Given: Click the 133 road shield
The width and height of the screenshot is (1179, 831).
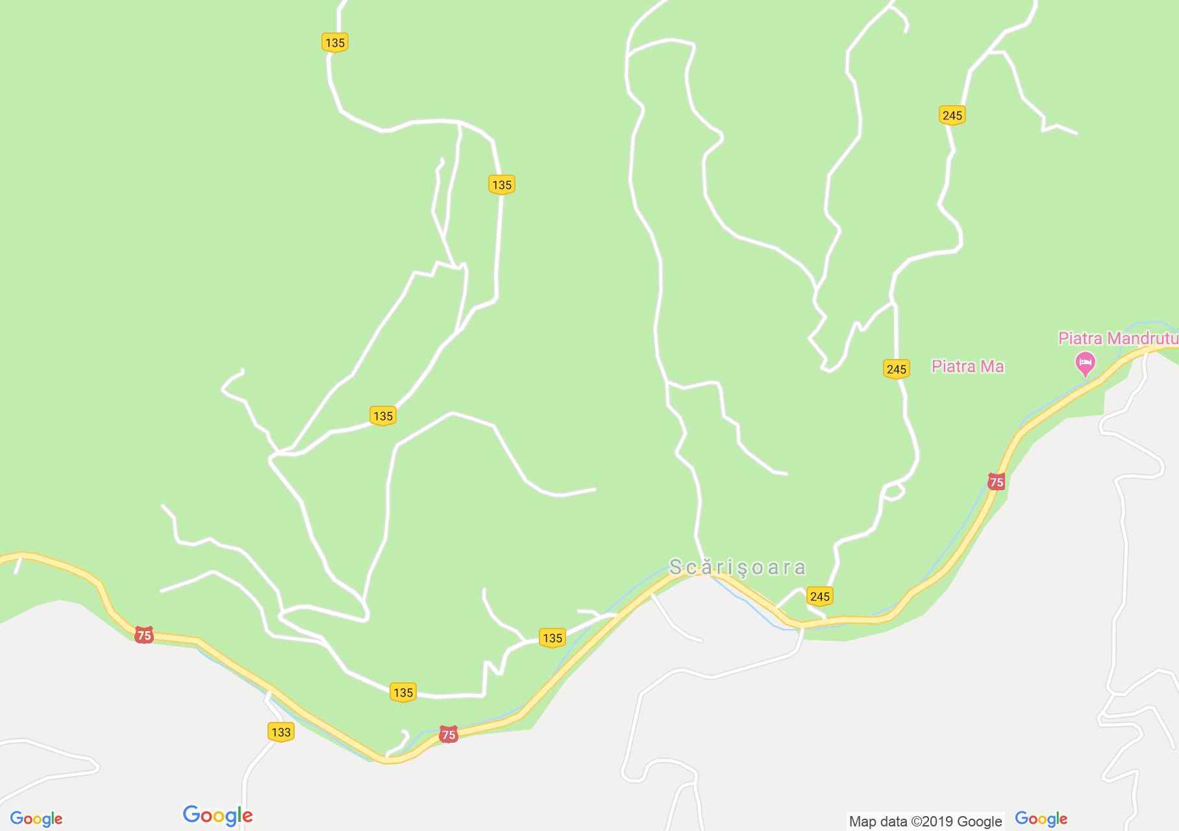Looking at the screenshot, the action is tap(280, 732).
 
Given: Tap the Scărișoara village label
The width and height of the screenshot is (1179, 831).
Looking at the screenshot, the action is tap(738, 567).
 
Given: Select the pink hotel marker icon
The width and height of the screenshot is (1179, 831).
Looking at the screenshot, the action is tap(1085, 363).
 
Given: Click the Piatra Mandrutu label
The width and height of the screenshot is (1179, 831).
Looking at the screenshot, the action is tap(1117, 338).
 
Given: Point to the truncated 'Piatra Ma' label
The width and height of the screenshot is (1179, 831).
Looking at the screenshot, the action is tap(967, 367).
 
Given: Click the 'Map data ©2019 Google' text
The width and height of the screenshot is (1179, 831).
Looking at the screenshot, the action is tap(925, 821).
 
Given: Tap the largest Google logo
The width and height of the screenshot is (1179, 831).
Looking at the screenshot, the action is tap(217, 815).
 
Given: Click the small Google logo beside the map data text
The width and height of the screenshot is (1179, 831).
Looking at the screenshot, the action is tap(1041, 819).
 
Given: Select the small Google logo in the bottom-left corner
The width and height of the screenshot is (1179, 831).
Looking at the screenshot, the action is tap(36, 819).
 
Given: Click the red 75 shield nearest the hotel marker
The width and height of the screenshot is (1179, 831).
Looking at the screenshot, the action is tap(996, 482).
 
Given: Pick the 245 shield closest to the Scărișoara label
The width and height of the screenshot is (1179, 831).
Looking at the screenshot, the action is tap(819, 596).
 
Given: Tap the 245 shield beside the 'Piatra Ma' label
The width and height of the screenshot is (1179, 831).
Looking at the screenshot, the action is tap(896, 369).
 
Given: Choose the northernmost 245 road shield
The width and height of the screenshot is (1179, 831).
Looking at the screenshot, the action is tap(952, 115).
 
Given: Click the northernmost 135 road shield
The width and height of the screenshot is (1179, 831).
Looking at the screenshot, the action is tap(334, 43).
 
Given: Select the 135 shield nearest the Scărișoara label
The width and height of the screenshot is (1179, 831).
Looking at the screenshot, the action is tap(552, 638).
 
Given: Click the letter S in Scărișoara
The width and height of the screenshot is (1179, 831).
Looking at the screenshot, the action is tap(675, 567).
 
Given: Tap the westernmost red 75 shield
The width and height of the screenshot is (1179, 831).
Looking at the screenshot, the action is tap(143, 635).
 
